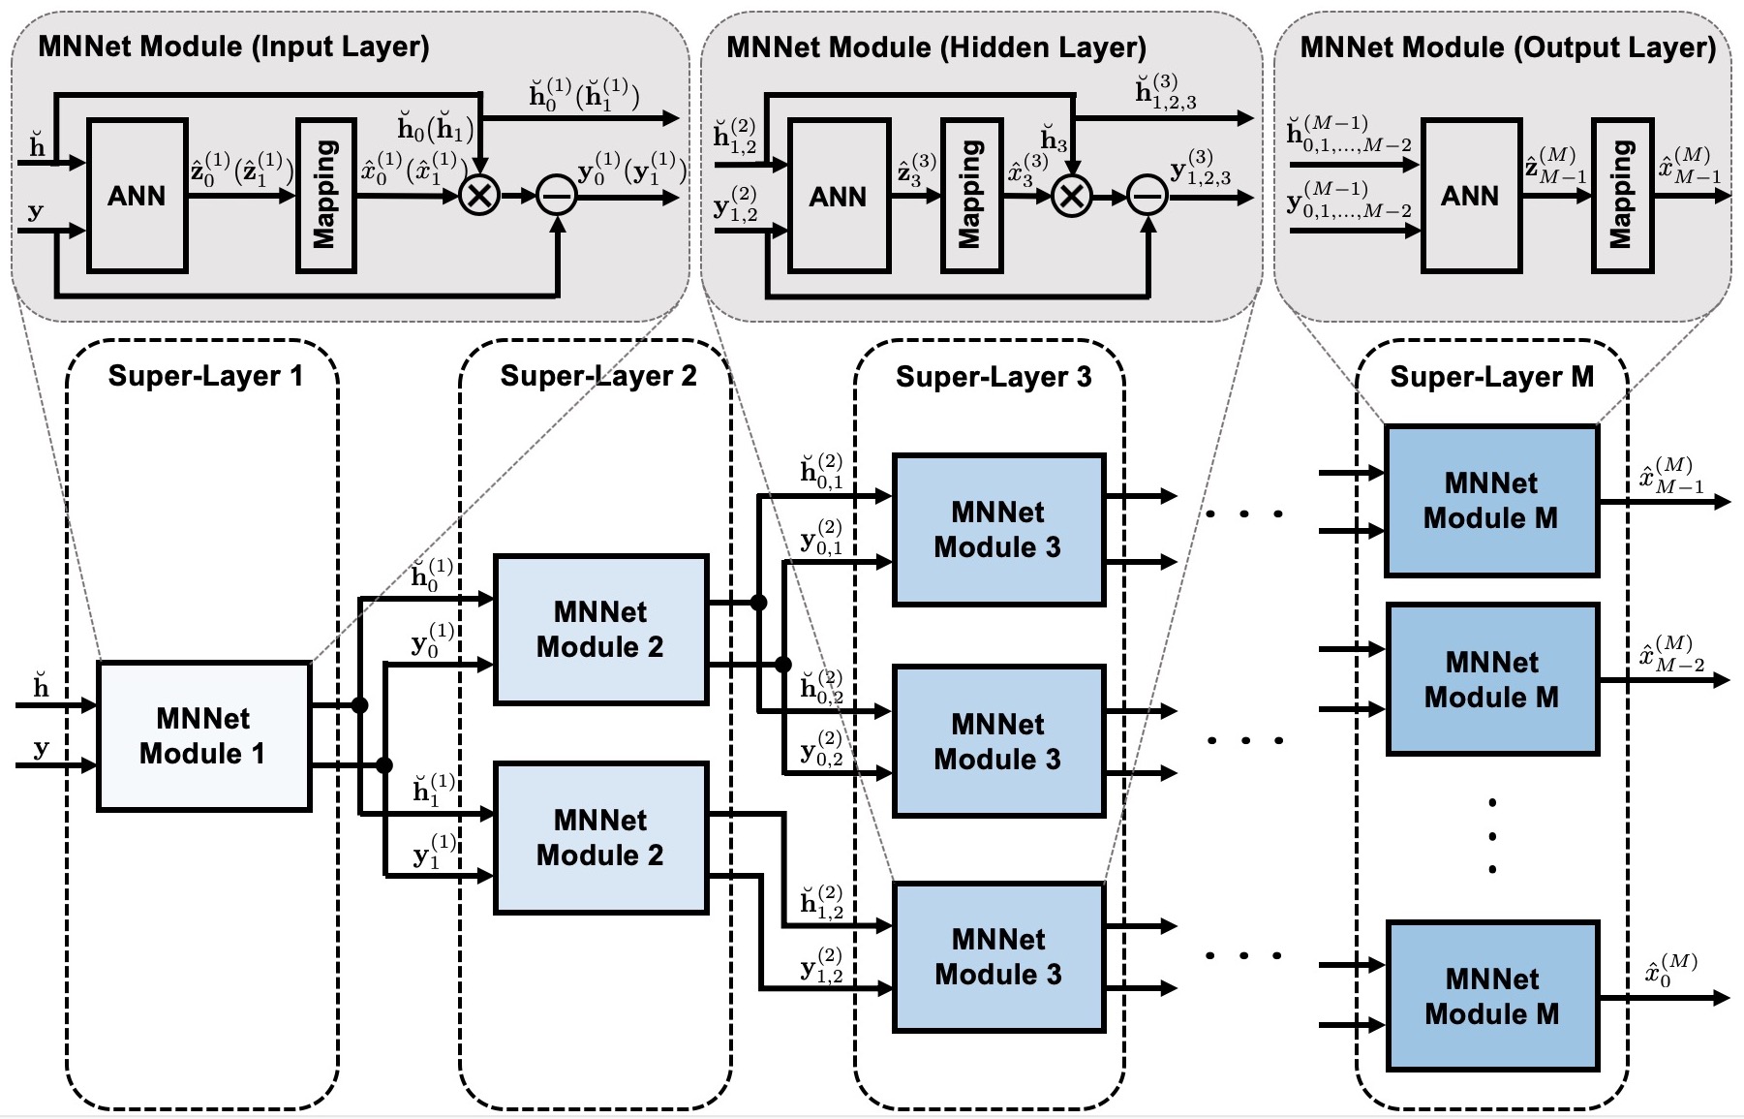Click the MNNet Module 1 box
[204, 736]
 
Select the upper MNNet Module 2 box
[600, 629]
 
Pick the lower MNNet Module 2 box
[600, 837]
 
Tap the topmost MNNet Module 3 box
[998, 530]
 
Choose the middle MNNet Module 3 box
[998, 741]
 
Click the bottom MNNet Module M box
[1492, 996]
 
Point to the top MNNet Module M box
[1491, 500]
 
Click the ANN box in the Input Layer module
[137, 196]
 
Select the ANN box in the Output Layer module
[1470, 196]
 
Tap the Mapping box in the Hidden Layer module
[971, 196]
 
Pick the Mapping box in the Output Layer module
[1622, 196]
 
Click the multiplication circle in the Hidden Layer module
[1071, 197]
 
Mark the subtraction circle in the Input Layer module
[557, 197]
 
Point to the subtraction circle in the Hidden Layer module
[1147, 197]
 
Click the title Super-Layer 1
[205, 376]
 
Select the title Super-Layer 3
[994, 377]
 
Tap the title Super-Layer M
[1491, 377]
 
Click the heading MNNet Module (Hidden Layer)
[936, 47]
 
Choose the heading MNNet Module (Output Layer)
[1508, 47]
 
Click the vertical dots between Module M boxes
[1492, 836]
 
